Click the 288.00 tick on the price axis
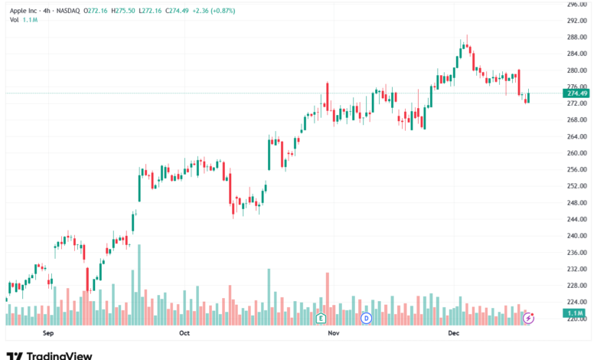point(576,37)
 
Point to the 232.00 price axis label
point(576,269)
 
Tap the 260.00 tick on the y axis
point(576,153)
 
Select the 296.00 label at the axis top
point(576,4)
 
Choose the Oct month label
point(184,333)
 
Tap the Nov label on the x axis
point(333,333)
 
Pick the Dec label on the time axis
point(453,333)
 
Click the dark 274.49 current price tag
point(576,93)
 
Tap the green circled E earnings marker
point(321,316)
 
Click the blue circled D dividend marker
point(367,316)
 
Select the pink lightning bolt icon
point(528,316)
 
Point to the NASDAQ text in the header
point(73,11)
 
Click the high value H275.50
point(122,11)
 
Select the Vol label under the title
point(15,19)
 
